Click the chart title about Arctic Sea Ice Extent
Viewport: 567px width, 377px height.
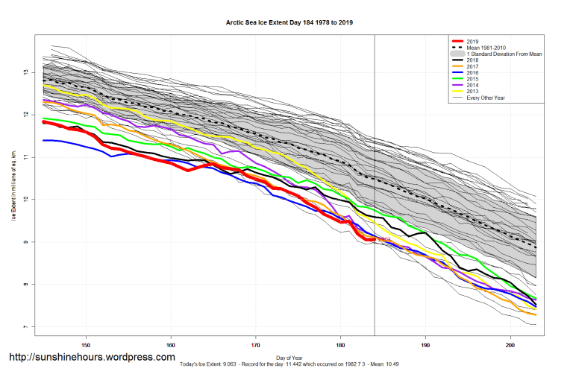[289, 23]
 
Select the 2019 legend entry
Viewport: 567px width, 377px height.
[472, 41]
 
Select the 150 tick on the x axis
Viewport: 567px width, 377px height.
[86, 345]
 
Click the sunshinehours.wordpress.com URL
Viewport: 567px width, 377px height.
[92, 358]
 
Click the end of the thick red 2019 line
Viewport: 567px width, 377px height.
[375, 239]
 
